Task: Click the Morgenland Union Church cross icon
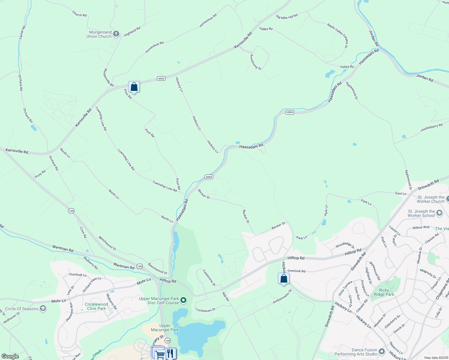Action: tap(116, 34)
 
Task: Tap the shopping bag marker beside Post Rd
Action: tap(134, 87)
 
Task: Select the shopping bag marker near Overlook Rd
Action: tap(284, 279)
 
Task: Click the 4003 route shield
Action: tap(161, 79)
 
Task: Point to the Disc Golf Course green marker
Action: tap(183, 300)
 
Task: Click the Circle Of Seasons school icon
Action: tap(43, 309)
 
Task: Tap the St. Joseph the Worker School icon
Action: tap(439, 213)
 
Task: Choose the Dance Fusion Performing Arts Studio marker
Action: tap(382, 351)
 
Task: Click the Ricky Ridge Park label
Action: tap(384, 292)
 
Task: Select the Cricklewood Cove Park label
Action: tap(96, 306)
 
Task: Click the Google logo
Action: tap(10, 356)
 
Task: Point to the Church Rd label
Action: tap(79, 14)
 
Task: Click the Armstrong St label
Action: tap(256, 62)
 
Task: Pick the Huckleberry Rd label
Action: tap(432, 127)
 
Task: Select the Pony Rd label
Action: tap(40, 174)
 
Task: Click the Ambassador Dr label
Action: tap(282, 296)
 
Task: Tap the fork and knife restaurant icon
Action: tap(170, 353)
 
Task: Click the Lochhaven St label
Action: tap(206, 310)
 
